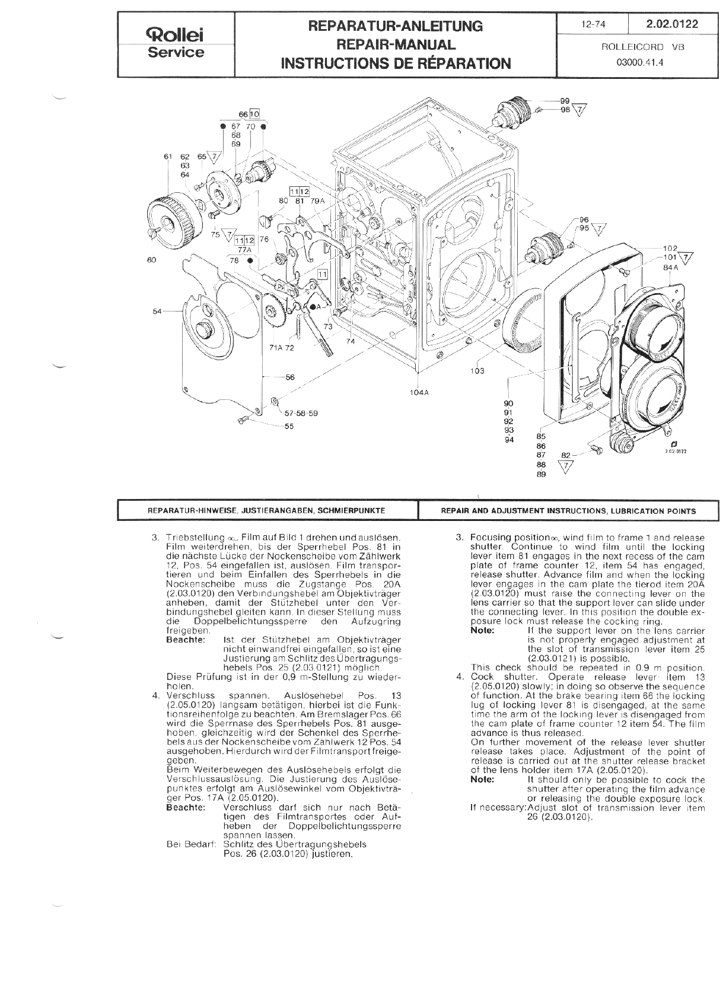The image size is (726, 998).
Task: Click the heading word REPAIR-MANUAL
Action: click(x=396, y=45)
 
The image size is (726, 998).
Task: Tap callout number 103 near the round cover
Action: click(x=477, y=371)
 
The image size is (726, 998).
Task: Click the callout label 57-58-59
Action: click(x=301, y=414)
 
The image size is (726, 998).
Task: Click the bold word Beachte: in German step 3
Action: click(x=187, y=640)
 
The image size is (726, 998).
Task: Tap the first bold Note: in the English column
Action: click(x=482, y=630)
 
